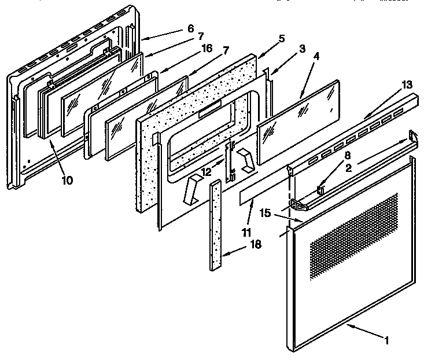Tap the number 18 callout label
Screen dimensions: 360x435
254,245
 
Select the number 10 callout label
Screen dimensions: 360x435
68,180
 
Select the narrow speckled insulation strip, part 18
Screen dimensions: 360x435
216,226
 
